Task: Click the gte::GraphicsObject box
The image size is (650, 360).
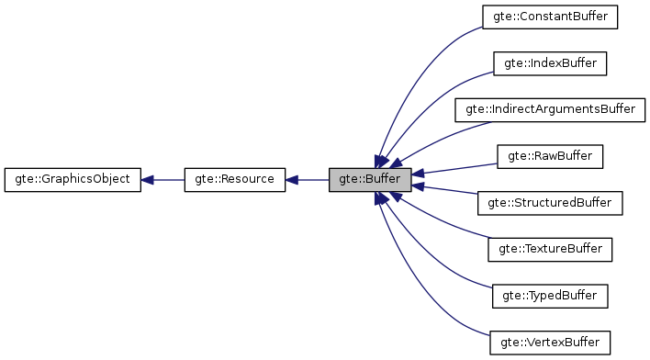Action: coord(73,179)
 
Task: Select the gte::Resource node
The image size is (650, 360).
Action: coord(235,179)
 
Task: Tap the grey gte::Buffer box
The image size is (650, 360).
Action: coord(369,179)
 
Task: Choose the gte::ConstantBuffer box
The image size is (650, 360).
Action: coord(550,17)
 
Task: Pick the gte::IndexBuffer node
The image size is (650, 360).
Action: coord(550,63)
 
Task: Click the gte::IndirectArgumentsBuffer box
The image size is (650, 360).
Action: coord(550,109)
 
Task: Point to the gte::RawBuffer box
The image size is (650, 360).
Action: coord(550,156)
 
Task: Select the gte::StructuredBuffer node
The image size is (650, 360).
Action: coord(550,202)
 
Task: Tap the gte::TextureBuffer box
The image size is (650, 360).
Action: coord(550,249)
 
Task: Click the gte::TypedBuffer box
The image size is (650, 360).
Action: coord(550,296)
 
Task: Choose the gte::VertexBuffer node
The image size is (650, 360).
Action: coord(550,343)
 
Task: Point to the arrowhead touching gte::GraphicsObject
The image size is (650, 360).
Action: coord(148,179)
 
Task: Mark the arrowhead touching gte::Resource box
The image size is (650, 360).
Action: coord(293,179)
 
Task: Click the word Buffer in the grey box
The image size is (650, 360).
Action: coord(379,179)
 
